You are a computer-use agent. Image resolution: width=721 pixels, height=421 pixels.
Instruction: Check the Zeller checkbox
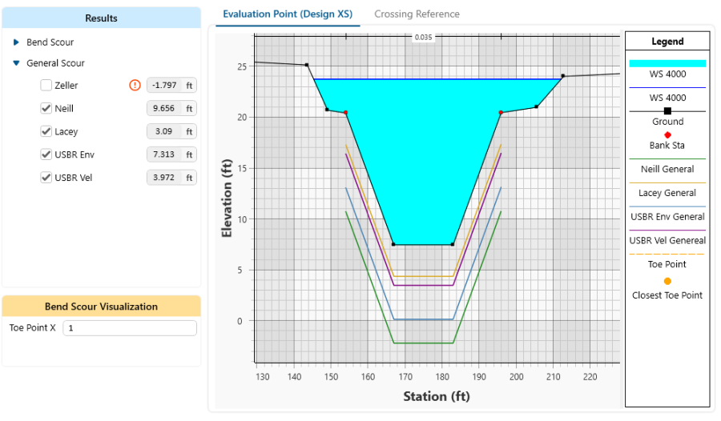coord(46,86)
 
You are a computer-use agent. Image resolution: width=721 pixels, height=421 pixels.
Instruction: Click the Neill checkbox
coord(46,109)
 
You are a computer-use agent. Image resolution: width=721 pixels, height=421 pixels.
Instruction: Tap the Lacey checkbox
coord(46,132)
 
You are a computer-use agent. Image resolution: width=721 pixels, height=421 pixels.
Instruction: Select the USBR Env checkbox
coord(46,154)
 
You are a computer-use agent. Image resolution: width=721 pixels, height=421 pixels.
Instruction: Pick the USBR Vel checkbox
coord(46,178)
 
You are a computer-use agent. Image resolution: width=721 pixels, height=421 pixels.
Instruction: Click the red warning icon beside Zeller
coord(135,86)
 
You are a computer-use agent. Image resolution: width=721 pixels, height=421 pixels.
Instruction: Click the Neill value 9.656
coord(165,109)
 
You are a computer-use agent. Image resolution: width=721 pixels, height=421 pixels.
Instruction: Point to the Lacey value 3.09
coord(165,132)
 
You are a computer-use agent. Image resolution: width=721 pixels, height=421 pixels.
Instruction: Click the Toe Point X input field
coord(129,328)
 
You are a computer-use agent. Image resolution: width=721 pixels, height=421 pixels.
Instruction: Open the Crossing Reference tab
coord(417,14)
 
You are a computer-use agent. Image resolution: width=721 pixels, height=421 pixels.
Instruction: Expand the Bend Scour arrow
coord(16,42)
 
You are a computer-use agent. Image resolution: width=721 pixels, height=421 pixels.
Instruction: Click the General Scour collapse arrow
coord(16,63)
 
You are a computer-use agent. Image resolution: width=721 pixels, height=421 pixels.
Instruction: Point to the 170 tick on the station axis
coord(405,376)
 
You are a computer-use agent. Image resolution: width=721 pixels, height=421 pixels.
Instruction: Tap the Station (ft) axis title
coord(437,396)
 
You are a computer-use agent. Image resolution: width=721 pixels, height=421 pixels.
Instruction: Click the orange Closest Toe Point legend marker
coord(667,281)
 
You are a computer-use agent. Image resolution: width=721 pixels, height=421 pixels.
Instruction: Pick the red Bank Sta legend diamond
coord(667,134)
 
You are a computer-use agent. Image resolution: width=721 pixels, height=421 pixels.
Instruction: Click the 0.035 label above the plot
coord(423,38)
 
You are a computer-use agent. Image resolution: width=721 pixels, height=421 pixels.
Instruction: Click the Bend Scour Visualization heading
coord(101,307)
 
